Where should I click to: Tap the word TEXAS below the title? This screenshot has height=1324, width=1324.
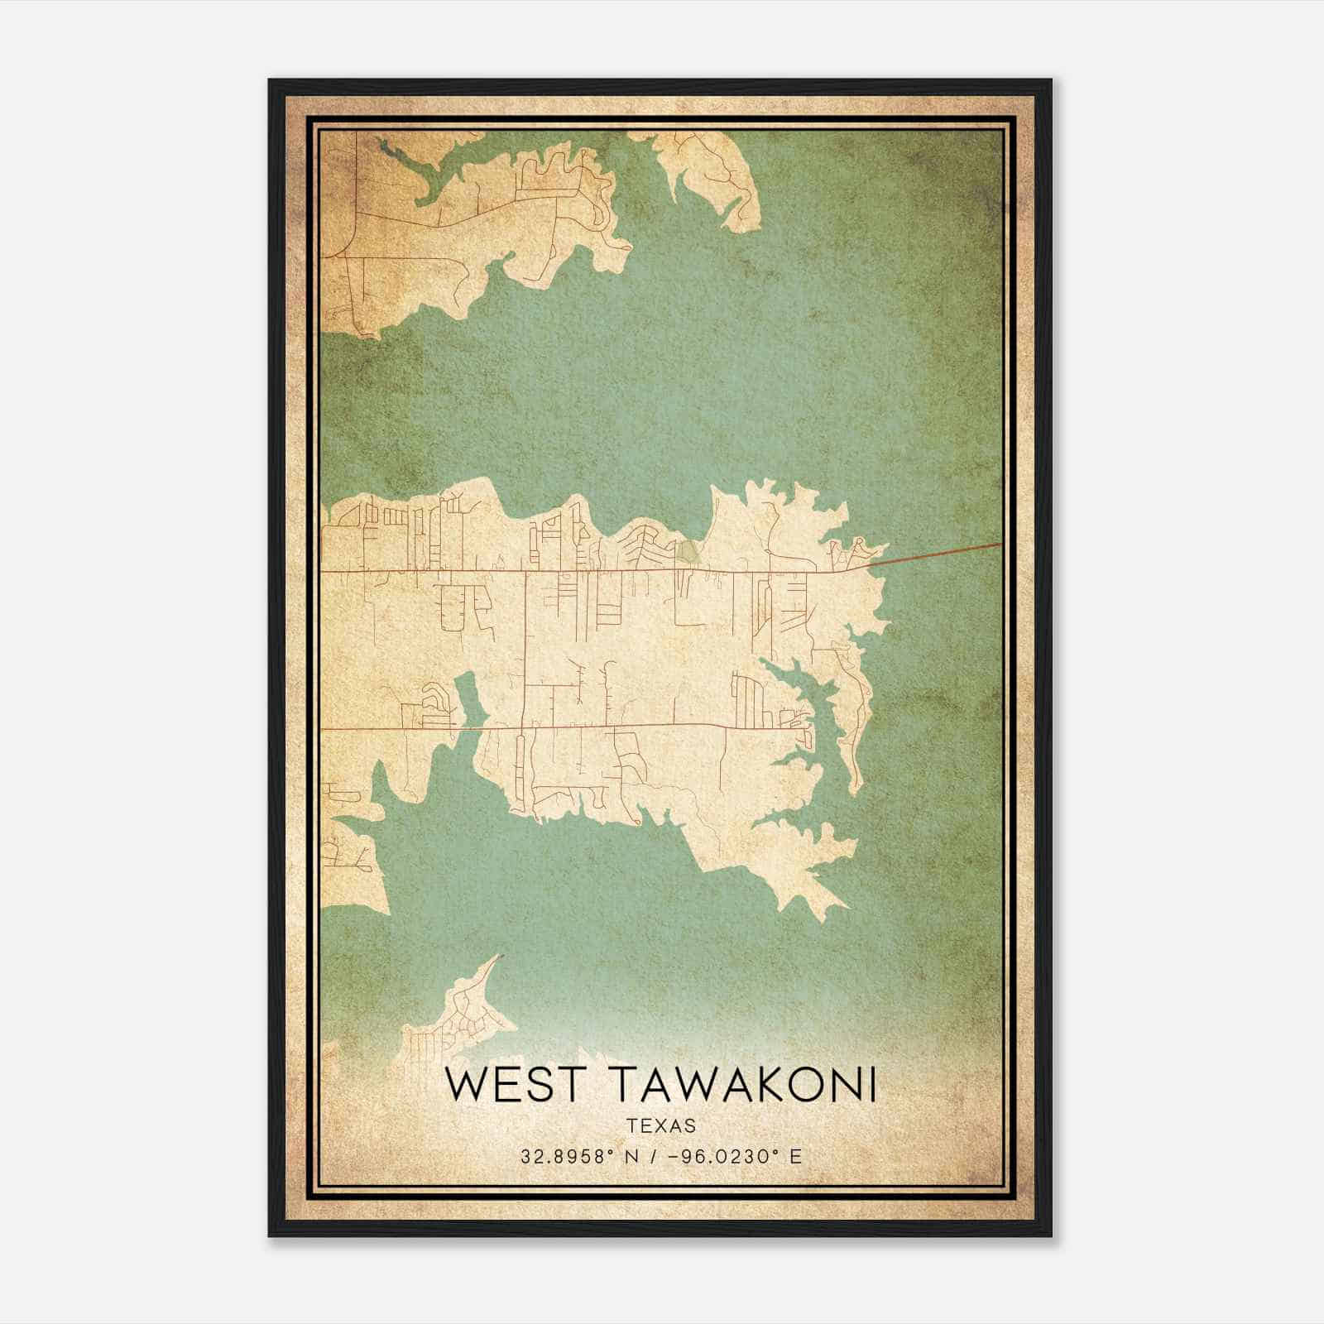click(x=661, y=1125)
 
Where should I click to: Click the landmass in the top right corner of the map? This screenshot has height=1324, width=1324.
click(x=712, y=165)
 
